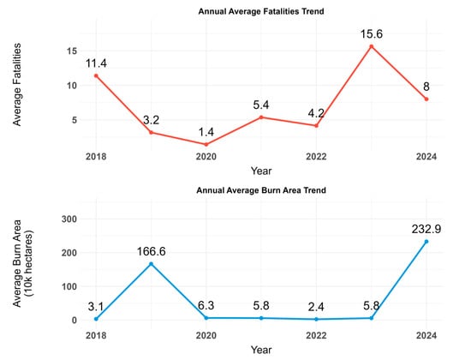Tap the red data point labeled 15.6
(371, 46)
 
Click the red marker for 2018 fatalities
(96, 75)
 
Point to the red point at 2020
(206, 145)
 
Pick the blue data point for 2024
(426, 242)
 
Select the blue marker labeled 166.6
(151, 264)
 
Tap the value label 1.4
(206, 132)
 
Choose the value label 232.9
(426, 228)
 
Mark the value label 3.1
(96, 306)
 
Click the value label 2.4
(316, 306)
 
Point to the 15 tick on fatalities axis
(73, 51)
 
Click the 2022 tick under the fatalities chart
(316, 157)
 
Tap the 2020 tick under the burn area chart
(206, 333)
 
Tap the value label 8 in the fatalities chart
(426, 86)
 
